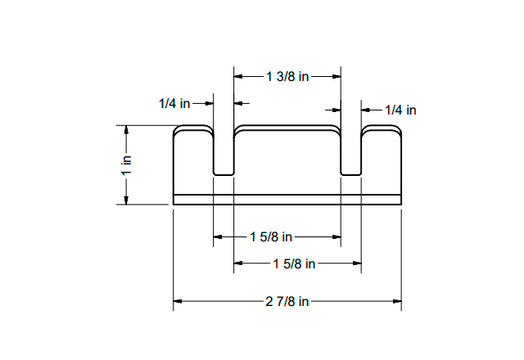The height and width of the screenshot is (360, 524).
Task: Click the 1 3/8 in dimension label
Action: pyautogui.click(x=287, y=76)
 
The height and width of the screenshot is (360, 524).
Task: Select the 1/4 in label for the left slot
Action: pyautogui.click(x=174, y=104)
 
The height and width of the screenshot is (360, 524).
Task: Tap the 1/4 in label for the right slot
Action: pyautogui.click(x=400, y=110)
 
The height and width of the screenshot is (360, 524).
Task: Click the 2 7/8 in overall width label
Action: pyautogui.click(x=287, y=301)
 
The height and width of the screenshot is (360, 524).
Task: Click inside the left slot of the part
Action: pyautogui.click(x=224, y=155)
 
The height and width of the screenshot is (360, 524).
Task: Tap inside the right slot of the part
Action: pyautogui.click(x=350, y=155)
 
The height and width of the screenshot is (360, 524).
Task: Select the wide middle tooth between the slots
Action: pyautogui.click(x=287, y=160)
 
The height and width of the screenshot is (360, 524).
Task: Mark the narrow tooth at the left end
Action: pyautogui.click(x=192, y=160)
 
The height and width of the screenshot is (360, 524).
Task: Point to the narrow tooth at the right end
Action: pyautogui.click(x=382, y=160)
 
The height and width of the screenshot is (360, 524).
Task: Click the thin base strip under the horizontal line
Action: pyautogui.click(x=287, y=199)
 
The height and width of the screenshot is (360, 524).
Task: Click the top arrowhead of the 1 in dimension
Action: pyautogui.click(x=127, y=129)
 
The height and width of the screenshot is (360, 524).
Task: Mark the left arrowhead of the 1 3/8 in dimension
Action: pyautogui.click(x=238, y=76)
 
